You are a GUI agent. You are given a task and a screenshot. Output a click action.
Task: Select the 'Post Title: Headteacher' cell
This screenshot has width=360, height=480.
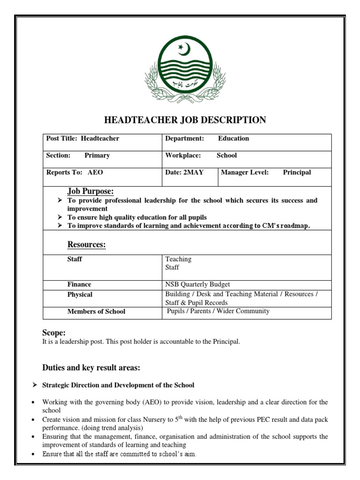82,139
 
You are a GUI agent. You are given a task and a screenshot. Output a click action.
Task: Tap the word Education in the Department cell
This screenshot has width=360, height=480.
233,139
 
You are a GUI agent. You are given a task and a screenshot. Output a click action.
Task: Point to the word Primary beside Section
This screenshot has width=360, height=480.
97,156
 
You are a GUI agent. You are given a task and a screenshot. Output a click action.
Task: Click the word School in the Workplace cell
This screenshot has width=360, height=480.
226,156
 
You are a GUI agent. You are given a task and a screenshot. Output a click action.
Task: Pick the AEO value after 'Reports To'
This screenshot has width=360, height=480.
95,172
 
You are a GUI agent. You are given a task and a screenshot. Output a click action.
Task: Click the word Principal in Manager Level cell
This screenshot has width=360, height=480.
297,172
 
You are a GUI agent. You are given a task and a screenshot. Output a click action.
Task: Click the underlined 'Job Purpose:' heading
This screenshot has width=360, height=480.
90,191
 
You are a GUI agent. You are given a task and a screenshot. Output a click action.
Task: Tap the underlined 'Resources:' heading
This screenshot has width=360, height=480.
86,245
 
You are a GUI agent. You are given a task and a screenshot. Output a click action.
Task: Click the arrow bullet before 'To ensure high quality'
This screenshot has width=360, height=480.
60,217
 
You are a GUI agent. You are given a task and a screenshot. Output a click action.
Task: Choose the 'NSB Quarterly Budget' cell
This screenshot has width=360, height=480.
197,285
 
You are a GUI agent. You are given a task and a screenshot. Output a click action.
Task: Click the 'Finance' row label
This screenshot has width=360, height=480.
79,285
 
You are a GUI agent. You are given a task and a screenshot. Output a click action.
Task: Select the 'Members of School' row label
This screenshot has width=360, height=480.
96,312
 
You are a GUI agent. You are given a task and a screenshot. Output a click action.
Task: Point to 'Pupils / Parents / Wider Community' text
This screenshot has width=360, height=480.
218,311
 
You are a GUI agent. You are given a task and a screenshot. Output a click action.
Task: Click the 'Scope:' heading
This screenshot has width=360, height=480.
54,333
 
